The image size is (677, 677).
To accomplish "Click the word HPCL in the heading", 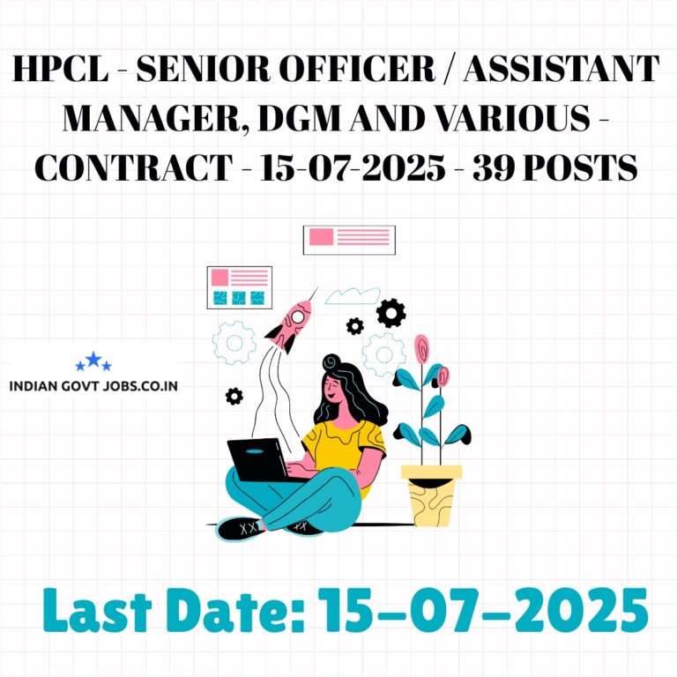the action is [x=61, y=69].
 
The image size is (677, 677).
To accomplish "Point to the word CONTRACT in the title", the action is [x=134, y=167].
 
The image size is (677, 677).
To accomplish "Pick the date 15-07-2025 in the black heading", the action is [x=353, y=167].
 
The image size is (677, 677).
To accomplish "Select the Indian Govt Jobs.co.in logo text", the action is [x=93, y=385].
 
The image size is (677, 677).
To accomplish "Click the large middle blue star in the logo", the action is [x=93, y=359].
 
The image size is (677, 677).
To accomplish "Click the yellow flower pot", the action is [x=431, y=495].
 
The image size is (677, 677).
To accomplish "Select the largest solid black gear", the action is [x=391, y=313].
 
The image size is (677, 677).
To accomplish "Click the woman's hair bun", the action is [x=331, y=362].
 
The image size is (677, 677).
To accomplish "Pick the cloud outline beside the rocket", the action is [x=353, y=296].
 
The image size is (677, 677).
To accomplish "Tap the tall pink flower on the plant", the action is [x=422, y=349].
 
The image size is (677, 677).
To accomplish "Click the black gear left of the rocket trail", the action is [x=234, y=396].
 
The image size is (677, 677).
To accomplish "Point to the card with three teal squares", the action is [x=240, y=287].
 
